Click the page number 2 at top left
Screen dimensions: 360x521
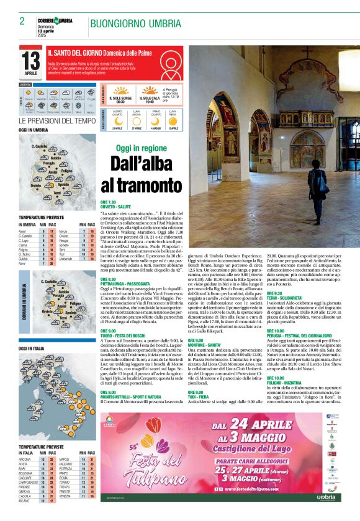(x=22, y=21)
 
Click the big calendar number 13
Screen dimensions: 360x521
(x=30, y=61)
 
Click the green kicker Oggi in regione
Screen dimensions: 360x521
(x=142, y=148)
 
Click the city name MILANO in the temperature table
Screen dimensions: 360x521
(x=25, y=501)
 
